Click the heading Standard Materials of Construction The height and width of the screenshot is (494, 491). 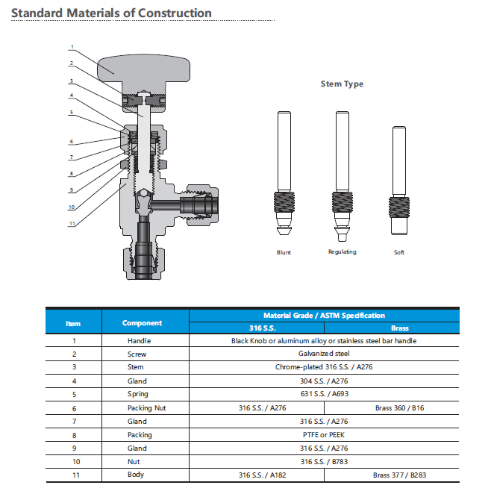pos(111,13)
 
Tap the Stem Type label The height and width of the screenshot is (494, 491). pos(342,84)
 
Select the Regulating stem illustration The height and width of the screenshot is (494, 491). pos(342,176)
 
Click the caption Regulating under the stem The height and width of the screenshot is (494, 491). pos(342,252)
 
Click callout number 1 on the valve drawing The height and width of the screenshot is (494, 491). pos(72,47)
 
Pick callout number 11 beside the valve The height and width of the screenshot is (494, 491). pos(72,223)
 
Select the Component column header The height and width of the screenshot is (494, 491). pos(142,323)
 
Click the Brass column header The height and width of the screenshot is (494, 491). pos(399,328)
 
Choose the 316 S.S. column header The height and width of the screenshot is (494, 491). pos(257,328)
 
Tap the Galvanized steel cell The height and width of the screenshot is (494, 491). pos(324,354)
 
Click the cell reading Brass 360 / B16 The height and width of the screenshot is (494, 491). pos(399,408)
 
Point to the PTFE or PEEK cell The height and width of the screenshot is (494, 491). pos(324,435)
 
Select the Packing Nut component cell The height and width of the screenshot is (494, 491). pos(142,408)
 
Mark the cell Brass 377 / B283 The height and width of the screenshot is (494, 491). pos(399,475)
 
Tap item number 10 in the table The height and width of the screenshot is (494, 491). pos(73,462)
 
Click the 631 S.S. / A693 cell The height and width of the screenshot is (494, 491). pos(324,394)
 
